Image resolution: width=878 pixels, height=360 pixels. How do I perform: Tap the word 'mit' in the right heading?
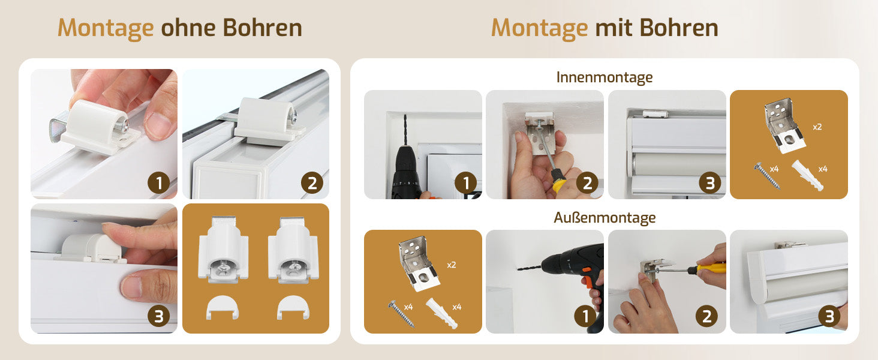click(614, 28)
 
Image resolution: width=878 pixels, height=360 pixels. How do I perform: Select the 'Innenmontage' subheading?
click(605, 77)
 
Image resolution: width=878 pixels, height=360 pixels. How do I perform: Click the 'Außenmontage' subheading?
click(605, 218)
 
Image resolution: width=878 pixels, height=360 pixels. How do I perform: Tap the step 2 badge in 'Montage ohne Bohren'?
click(312, 183)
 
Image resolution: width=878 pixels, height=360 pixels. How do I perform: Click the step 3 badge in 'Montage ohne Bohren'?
click(159, 316)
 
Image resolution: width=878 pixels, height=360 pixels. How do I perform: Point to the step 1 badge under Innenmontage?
click(465, 183)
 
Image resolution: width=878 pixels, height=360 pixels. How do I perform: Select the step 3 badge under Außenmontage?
click(829, 316)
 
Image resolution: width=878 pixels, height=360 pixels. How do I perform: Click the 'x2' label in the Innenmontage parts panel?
click(817, 127)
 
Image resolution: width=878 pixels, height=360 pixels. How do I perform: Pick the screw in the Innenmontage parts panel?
click(766, 176)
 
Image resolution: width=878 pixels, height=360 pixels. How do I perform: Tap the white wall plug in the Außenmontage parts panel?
click(442, 313)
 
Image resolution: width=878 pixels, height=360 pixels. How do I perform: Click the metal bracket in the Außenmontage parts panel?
click(419, 263)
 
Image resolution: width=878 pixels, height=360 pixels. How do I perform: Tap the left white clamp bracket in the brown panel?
click(224, 250)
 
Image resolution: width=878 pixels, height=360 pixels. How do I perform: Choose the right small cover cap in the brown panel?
click(293, 307)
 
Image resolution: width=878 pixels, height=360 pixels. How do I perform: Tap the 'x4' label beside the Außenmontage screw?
click(408, 307)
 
